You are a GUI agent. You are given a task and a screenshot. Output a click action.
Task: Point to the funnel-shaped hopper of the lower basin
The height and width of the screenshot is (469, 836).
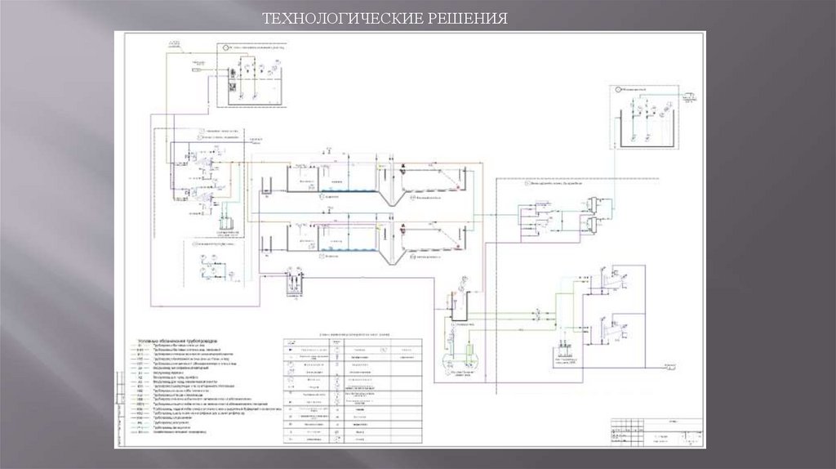pos(390,249)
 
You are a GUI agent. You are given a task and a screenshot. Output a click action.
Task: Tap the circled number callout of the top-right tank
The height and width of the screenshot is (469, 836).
pos(619,87)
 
